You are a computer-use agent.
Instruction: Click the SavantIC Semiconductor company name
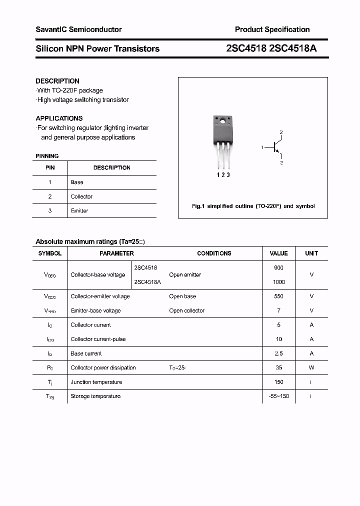[78, 29]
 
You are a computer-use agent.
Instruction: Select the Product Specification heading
[272, 29]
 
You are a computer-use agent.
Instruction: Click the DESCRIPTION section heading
[57, 81]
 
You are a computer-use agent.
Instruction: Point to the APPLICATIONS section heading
[59, 118]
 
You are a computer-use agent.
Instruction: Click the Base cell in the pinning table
[77, 182]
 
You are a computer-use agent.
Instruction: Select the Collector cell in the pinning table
[81, 196]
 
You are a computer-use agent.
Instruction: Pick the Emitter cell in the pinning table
[79, 211]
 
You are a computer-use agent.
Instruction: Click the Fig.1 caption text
[253, 206]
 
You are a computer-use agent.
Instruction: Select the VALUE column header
[278, 253]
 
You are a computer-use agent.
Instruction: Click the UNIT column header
[311, 253]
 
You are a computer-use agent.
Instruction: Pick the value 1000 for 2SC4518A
[278, 282]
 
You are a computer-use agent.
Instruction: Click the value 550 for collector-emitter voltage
[278, 296]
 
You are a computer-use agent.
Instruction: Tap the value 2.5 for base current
[278, 353]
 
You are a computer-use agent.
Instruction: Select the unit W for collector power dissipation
[311, 367]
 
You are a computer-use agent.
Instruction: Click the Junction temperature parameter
[96, 382]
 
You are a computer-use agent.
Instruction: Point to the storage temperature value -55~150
[278, 396]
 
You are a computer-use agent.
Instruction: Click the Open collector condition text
[186, 310]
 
